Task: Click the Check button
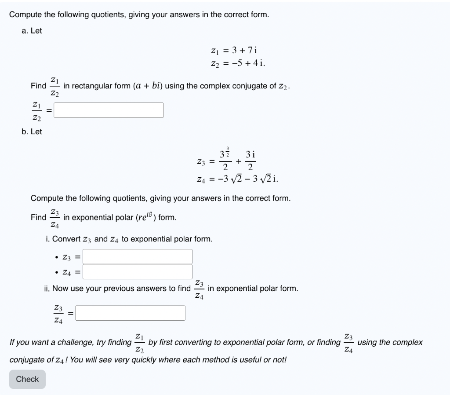coord(27,379)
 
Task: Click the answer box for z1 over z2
coord(109,110)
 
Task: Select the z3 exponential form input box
coord(138,256)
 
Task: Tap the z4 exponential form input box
coord(138,272)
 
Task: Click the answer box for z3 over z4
coord(131,313)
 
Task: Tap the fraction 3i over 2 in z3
coord(250,161)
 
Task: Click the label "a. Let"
coord(32,31)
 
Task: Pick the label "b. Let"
coord(32,132)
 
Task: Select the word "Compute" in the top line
coord(25,15)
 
